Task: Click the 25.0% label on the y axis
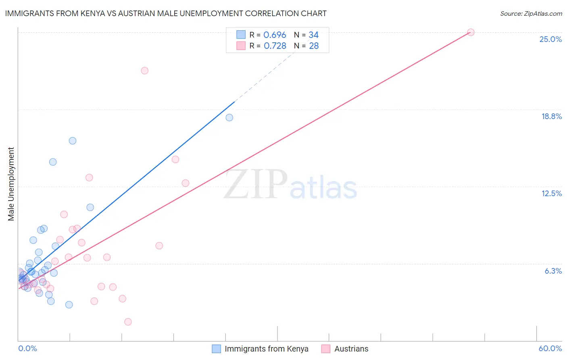click(550, 39)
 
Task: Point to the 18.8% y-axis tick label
click(551, 116)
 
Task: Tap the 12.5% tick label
click(551, 193)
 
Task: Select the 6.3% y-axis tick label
click(553, 271)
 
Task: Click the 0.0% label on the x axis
click(27, 348)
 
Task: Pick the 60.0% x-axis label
click(550, 348)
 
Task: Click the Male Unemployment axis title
click(11, 184)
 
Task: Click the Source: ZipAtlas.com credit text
click(531, 13)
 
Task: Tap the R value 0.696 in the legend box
click(275, 35)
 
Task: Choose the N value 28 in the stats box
click(314, 46)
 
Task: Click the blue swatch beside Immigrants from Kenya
click(217, 349)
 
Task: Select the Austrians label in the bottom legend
click(351, 349)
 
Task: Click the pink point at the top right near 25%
click(471, 32)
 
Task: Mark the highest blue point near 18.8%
click(229, 117)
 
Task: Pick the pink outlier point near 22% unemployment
click(145, 71)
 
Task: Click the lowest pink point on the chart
click(128, 322)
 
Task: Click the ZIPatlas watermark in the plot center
click(290, 184)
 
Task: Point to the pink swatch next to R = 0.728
click(241, 46)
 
